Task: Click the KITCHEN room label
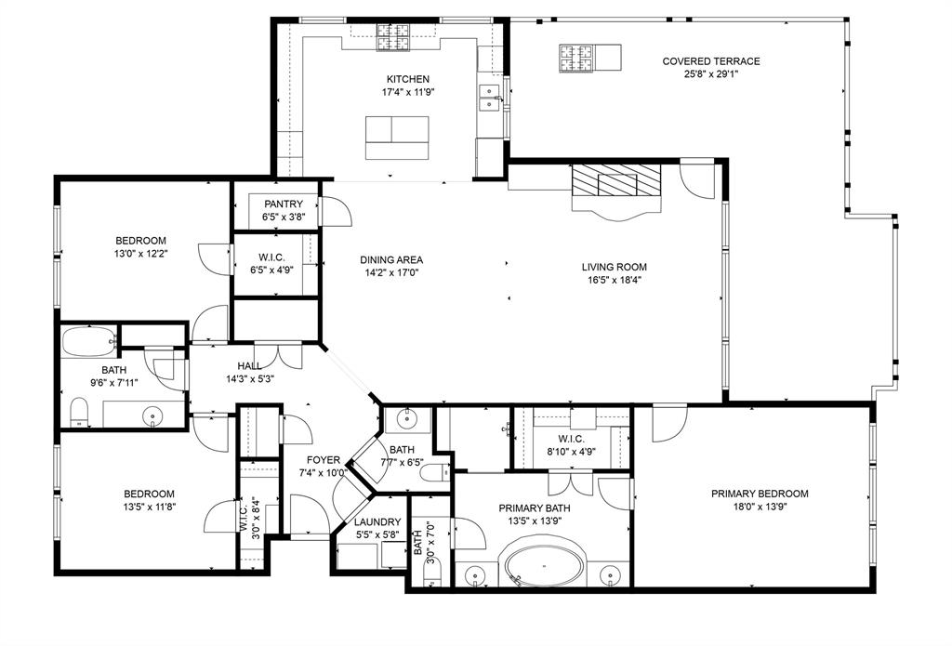coord(408,79)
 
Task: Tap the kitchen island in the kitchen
coord(397,138)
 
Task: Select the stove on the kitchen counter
coord(387,37)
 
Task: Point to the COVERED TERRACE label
coord(710,61)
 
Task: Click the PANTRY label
coord(284,204)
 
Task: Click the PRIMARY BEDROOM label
coord(760,494)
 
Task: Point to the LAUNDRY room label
coord(377,522)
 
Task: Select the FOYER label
coord(324,460)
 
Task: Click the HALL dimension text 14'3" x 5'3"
coord(249,378)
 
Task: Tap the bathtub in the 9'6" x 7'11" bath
coord(88,344)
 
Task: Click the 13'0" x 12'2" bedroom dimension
coord(140,254)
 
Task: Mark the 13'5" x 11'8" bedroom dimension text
coord(150,507)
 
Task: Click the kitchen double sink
coord(488,98)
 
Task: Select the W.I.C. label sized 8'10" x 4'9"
coord(571,452)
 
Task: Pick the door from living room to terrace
coord(697,177)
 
